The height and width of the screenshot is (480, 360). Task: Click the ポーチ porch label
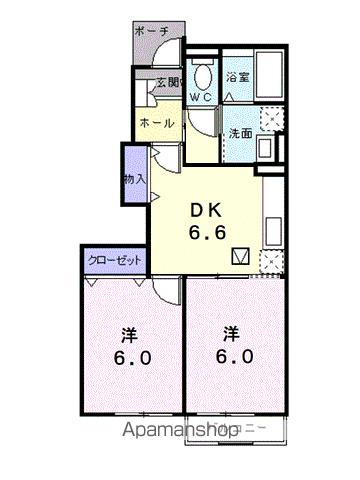point(156,31)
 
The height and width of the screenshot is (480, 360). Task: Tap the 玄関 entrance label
point(168,84)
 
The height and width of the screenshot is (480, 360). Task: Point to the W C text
point(201,97)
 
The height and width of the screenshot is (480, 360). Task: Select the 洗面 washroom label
point(240,132)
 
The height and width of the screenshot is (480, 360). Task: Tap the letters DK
point(208,211)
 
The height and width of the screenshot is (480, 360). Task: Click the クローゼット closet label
point(114,260)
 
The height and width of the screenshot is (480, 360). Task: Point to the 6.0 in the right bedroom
point(231,355)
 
